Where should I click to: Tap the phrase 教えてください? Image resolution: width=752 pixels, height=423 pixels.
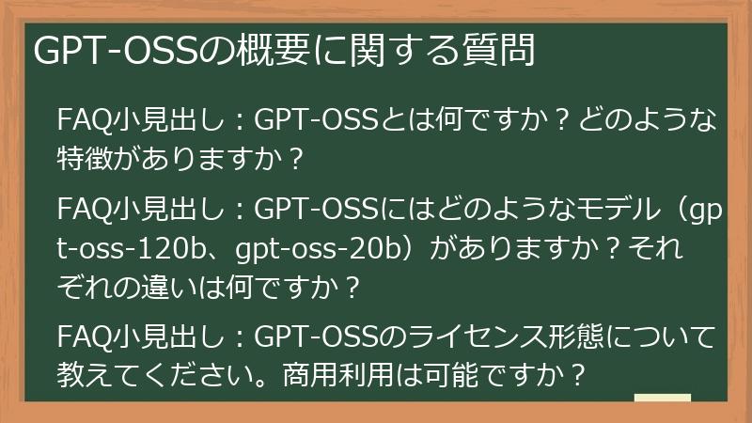[151, 376]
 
